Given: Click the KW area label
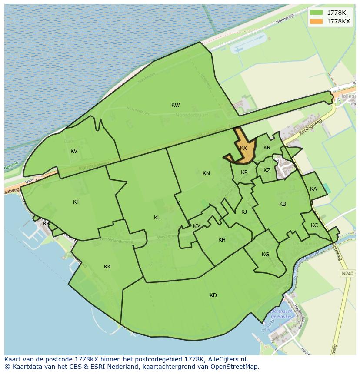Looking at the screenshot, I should coord(176,105).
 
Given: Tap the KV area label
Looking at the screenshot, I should coord(74,151).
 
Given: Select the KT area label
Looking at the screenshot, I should coord(77,202).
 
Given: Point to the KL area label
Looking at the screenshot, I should coord(157,218).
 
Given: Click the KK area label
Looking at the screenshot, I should coord(107,267).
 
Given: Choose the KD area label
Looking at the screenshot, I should coord(213,295).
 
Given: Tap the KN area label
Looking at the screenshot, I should coord(206,173).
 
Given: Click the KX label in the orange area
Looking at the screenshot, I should coord(243,148).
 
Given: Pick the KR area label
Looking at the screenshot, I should coord(267,148).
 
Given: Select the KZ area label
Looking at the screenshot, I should coord(267,170).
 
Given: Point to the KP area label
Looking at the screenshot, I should coord(244,172).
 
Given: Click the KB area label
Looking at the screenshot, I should coord(283,204).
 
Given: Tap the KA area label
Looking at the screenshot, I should coord(313,189).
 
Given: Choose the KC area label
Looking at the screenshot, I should coord(314,225).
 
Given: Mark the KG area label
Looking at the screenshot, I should coord(265,255).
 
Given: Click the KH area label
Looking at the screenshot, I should coord(222,240).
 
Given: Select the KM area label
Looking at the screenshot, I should coord(197,226).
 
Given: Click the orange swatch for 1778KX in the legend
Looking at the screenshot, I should coord(317,21).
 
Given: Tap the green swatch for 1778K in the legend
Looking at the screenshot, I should coord(317,13).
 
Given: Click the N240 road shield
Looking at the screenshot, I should coord(347,273).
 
